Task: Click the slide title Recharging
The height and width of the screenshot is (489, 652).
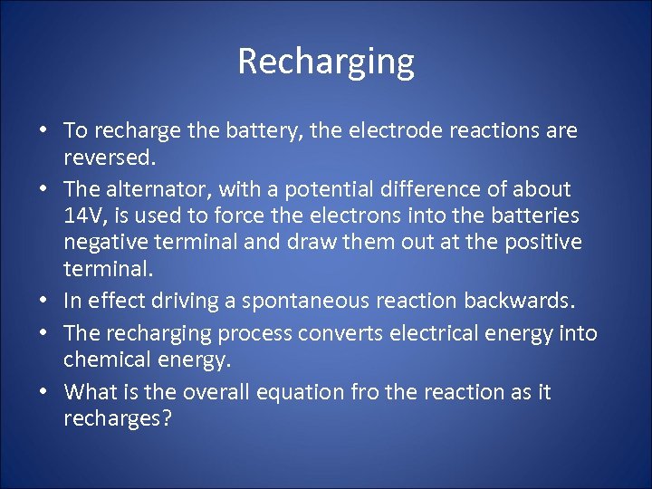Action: (326, 62)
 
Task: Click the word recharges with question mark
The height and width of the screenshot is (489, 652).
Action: (117, 419)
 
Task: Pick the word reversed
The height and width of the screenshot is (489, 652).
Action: (109, 158)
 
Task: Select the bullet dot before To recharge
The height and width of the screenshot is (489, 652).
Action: (43, 131)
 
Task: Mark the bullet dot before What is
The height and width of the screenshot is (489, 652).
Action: (43, 393)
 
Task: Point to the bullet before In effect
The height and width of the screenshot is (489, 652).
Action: (43, 301)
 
